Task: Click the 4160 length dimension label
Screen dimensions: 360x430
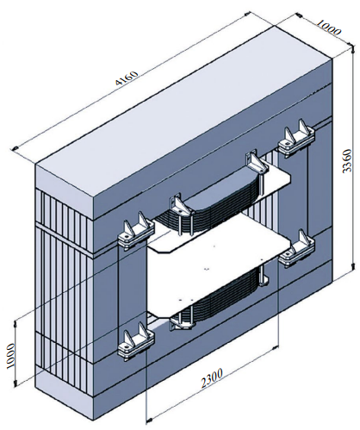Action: (127, 78)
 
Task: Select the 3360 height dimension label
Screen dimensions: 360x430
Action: (347, 160)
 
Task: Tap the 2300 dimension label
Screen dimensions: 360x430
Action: (212, 377)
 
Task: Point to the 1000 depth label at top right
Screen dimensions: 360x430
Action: (329, 28)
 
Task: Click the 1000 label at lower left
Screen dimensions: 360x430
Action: (11, 356)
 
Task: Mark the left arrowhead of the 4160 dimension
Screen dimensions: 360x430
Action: (14, 148)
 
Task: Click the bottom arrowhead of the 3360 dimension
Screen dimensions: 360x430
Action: (352, 266)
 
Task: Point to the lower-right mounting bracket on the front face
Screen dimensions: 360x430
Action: (296, 248)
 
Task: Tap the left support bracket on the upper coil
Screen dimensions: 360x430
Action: (178, 204)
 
